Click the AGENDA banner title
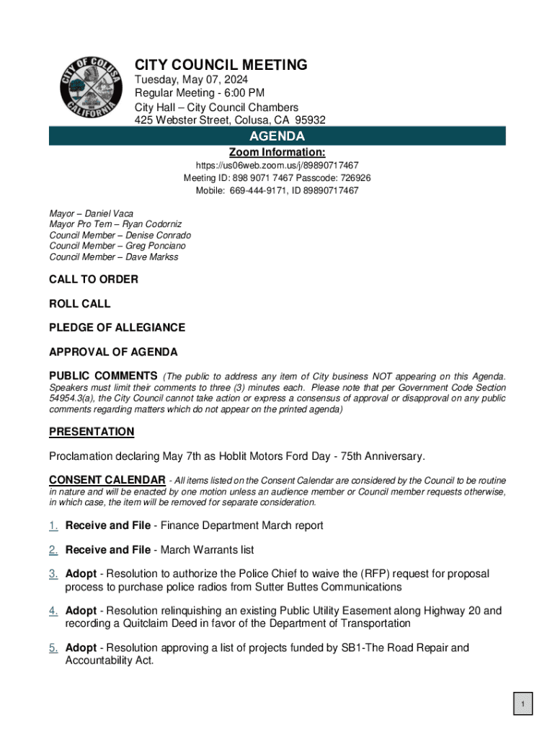pos(277,136)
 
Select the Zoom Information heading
pos(277,153)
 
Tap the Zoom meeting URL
pos(277,166)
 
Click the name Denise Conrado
pos(159,236)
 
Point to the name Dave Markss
pos(152,257)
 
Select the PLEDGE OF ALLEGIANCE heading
pos(117,327)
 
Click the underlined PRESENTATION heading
pos(92,432)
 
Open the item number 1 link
pos(53,525)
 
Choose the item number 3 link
pos(53,574)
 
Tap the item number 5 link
pos(53,647)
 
